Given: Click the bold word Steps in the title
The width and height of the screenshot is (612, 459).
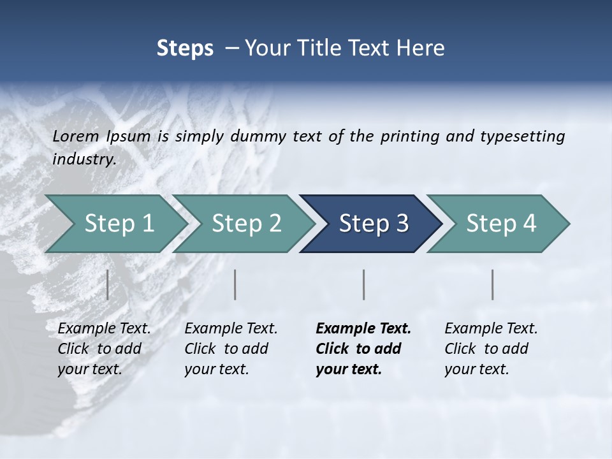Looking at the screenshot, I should point(185,48).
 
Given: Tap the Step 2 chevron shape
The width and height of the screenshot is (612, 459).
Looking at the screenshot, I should point(246,224).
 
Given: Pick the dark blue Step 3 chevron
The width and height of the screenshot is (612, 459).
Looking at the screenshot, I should point(373,224).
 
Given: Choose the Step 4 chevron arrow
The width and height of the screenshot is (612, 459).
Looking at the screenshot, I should point(500,224).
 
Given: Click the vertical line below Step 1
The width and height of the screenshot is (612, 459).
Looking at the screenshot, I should point(108,284).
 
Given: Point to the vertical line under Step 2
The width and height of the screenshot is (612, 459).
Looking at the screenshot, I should point(235,284).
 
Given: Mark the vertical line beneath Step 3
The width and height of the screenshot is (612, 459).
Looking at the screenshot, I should point(364,284).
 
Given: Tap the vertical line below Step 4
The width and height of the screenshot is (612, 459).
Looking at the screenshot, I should point(493,284).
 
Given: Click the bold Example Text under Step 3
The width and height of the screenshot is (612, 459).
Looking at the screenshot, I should point(363,329).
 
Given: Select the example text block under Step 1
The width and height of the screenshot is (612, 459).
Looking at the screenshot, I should point(104,349).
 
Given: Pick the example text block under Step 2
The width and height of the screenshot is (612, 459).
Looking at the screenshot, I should point(231,349).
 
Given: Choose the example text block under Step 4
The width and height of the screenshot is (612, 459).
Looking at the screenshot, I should point(491,349).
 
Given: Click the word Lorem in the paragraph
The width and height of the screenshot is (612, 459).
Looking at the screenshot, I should point(76,136).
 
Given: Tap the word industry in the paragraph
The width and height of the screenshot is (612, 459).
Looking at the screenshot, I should point(84,159).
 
